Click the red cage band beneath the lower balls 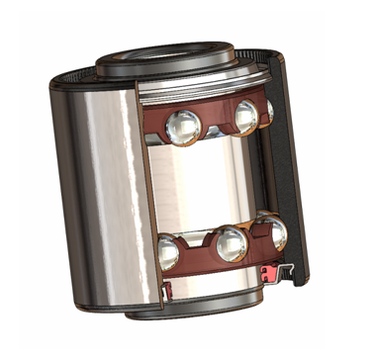coord(213,269)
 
